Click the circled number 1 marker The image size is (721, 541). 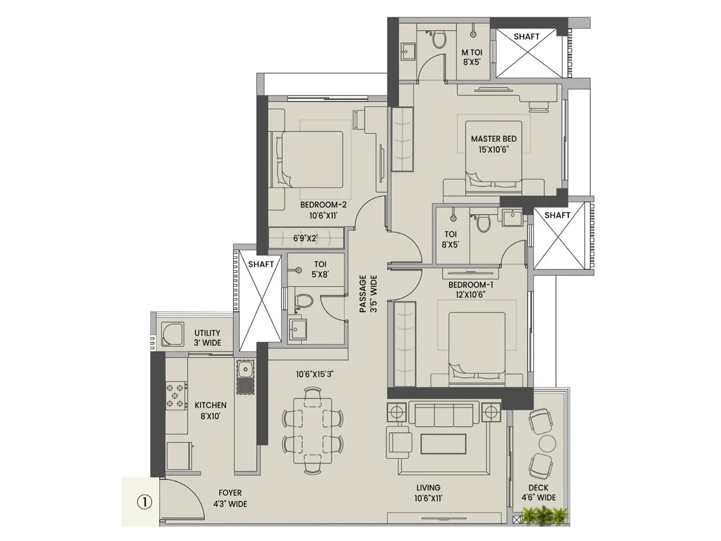[x=144, y=502]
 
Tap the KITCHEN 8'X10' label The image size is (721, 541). [x=210, y=410]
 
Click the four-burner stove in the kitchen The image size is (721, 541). [x=176, y=395]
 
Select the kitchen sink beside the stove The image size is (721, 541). [x=245, y=371]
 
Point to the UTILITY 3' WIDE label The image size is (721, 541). [x=207, y=338]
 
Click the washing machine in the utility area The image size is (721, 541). [x=172, y=334]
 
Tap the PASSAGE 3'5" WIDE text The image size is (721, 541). [x=368, y=294]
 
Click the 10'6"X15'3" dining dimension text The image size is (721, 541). [x=315, y=374]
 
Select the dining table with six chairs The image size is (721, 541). [x=313, y=431]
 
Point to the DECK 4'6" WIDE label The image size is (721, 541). [x=538, y=492]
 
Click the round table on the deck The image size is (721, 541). [x=548, y=444]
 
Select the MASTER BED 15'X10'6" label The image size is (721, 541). [x=493, y=144]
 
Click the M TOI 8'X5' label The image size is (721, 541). [x=471, y=57]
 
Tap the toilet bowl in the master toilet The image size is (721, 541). [x=438, y=40]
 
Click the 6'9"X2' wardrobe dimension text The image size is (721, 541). [x=305, y=238]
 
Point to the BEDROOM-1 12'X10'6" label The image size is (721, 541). [x=470, y=289]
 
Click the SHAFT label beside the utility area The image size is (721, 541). [x=261, y=264]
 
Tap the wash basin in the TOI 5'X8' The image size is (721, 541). [x=297, y=328]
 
